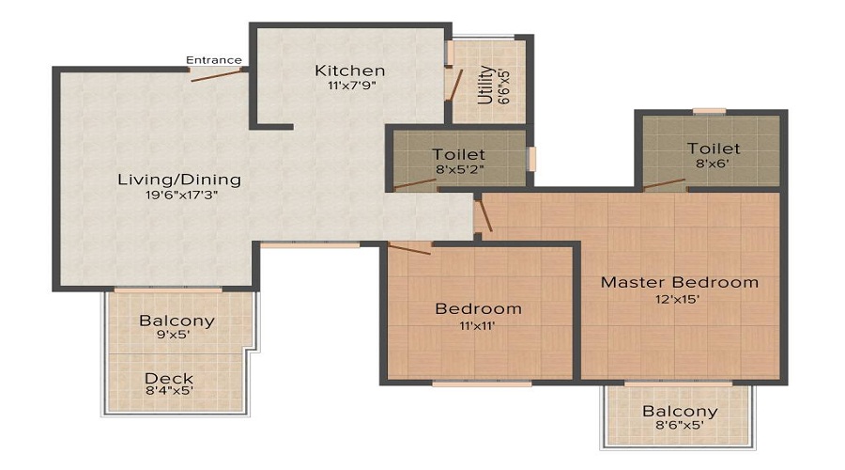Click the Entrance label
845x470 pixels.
[x=213, y=60]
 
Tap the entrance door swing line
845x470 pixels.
[x=217, y=73]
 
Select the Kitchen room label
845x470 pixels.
[x=349, y=70]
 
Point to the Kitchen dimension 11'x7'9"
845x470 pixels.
[x=349, y=86]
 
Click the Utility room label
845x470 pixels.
[x=485, y=85]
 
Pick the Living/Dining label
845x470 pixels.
[x=178, y=180]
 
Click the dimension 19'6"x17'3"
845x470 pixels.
[x=178, y=196]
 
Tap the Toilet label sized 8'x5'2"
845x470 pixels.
[x=458, y=154]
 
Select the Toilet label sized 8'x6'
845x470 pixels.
[x=713, y=149]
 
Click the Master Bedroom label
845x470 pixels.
[x=679, y=282]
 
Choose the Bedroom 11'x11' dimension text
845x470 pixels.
[x=478, y=325]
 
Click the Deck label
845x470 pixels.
[x=169, y=379]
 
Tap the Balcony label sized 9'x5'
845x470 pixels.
[x=177, y=321]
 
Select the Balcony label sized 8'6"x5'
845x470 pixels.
[x=680, y=411]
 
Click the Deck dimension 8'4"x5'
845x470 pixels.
[x=169, y=392]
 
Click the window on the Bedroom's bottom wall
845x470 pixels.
[x=482, y=383]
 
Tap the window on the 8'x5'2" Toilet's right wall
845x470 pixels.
[x=531, y=158]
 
